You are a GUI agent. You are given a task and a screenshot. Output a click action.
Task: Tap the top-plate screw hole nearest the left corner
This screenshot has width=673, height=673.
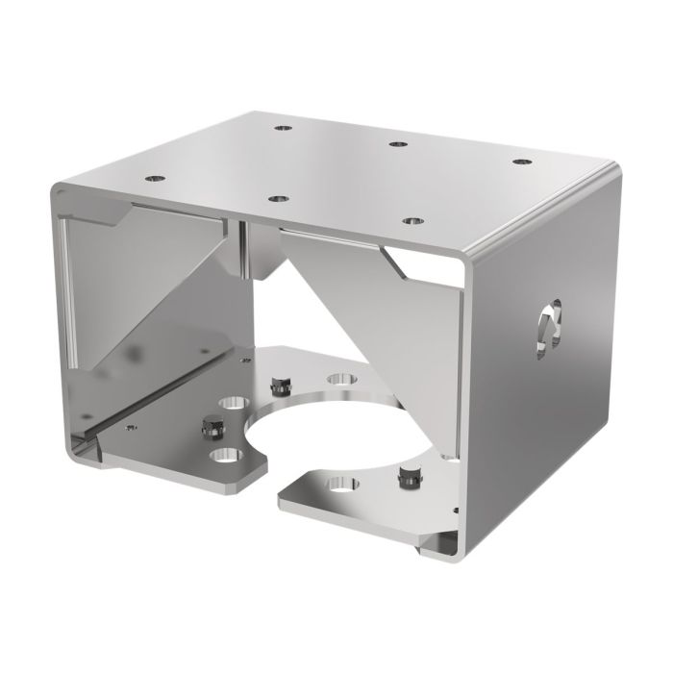152,178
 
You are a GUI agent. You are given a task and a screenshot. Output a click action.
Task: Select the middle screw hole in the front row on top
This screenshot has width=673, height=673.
278,199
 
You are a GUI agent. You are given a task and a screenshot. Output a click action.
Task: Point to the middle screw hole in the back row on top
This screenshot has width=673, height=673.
395,144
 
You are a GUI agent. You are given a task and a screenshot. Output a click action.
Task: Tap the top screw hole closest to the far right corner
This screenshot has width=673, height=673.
521,162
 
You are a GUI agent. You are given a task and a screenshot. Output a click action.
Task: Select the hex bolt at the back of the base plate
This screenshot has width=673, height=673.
282,386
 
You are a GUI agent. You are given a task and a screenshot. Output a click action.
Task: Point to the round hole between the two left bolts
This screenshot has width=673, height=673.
232,401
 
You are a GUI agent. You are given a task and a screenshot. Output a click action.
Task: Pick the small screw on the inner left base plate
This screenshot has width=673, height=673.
130,423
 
